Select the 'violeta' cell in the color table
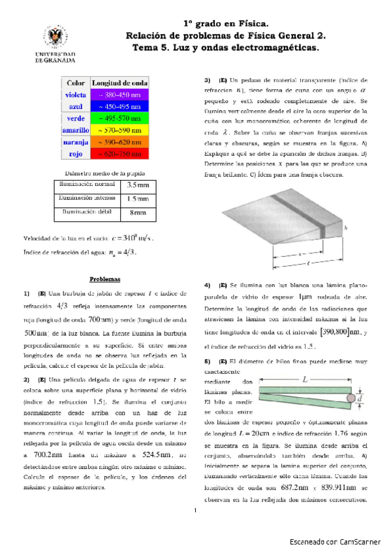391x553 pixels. coord(76,95)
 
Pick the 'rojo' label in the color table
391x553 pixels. coord(76,154)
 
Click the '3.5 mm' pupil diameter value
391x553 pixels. coord(137,186)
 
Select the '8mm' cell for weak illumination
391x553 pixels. coord(138,213)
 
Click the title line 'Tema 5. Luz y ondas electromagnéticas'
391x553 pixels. coord(225,48)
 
